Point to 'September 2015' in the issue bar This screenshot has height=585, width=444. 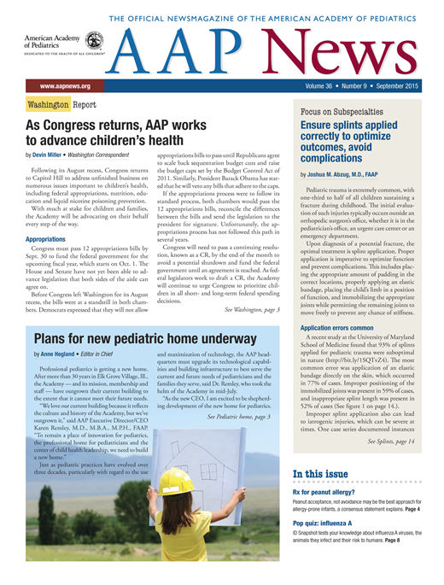point(407,87)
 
